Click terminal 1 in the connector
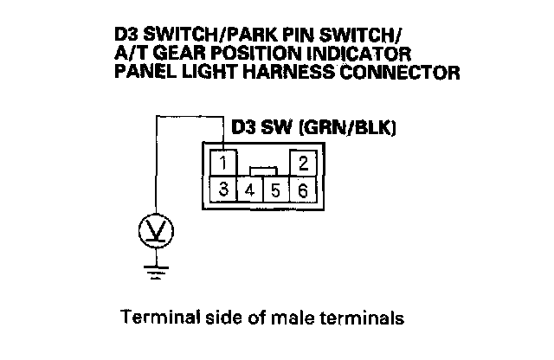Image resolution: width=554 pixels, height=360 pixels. [x=224, y=162]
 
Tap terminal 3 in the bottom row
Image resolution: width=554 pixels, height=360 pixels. [x=224, y=190]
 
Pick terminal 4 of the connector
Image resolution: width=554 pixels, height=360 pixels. [x=249, y=190]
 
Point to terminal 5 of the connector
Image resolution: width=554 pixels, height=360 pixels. [x=275, y=190]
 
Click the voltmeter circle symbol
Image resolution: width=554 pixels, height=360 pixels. [x=157, y=231]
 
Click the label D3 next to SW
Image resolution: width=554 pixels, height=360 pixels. [x=246, y=127]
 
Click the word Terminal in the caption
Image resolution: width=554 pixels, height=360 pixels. [x=154, y=318]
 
